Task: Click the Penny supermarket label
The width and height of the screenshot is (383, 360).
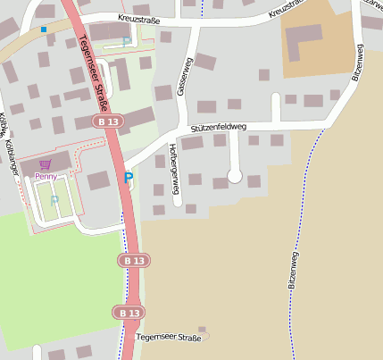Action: (46, 177)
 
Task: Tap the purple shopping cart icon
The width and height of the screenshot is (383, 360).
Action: (46, 165)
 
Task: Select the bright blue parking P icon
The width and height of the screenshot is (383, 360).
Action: (128, 178)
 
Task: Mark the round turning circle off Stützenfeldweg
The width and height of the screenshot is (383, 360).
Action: (235, 177)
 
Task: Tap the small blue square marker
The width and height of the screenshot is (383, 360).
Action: (43, 29)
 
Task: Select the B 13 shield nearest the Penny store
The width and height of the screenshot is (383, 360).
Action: (109, 121)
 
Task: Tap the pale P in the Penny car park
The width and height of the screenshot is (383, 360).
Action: (54, 200)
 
